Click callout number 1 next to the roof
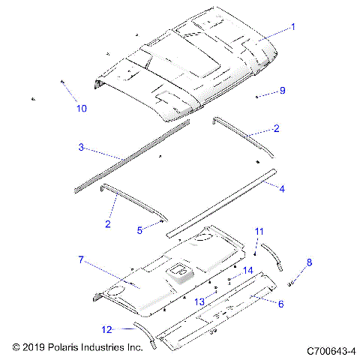[x=293, y=26]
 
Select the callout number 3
[x=81, y=147]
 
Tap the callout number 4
[x=282, y=188]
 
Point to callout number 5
[x=139, y=230]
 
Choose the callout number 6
[x=281, y=304]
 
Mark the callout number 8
[x=309, y=262]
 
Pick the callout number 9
[x=282, y=90]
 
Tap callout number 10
[x=81, y=108]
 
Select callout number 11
[x=259, y=230]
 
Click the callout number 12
[x=108, y=328]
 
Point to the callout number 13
[x=199, y=300]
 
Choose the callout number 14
[x=247, y=270]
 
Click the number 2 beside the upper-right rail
[x=276, y=129]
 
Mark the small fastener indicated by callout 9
[x=257, y=97]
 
